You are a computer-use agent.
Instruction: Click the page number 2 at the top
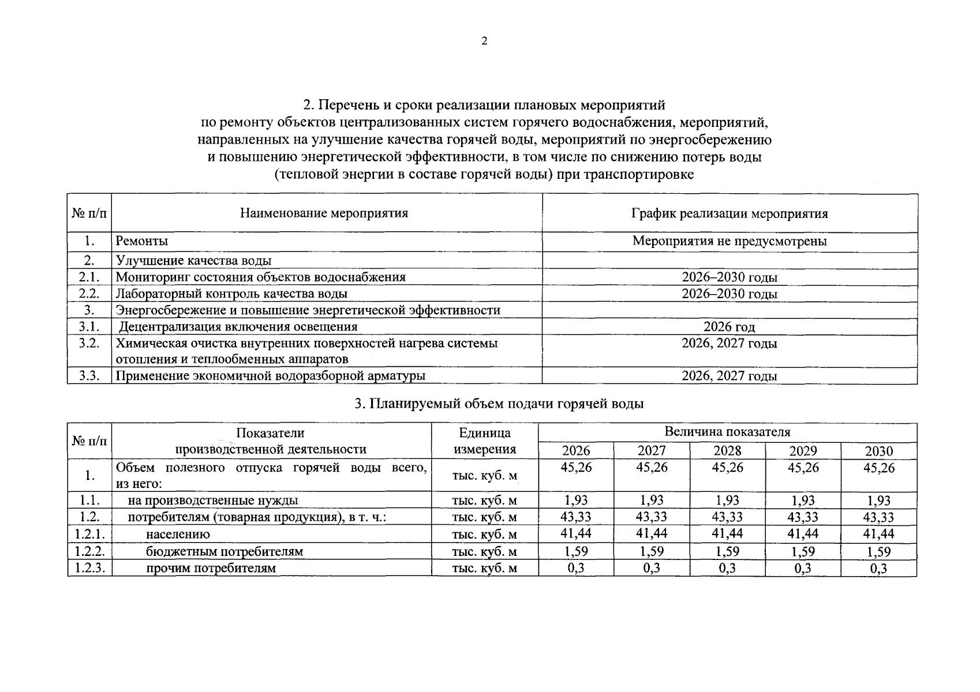[x=484, y=41]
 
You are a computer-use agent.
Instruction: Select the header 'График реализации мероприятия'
[x=729, y=214]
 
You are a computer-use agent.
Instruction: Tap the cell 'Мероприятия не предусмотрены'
[x=729, y=241]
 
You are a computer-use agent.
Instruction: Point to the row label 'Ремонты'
[x=142, y=241]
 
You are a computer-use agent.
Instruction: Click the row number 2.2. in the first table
[x=89, y=294]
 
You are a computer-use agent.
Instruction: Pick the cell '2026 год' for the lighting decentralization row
[x=729, y=327]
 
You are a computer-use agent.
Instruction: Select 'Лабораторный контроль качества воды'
[x=231, y=294]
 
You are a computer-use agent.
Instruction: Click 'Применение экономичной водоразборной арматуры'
[x=271, y=376]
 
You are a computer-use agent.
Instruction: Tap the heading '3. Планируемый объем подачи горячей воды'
[x=499, y=404]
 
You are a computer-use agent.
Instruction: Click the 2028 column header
[x=727, y=451]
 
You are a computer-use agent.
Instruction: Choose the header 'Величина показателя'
[x=727, y=432]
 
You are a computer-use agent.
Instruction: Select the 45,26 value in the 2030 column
[x=878, y=468]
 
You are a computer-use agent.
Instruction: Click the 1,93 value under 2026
[x=576, y=501]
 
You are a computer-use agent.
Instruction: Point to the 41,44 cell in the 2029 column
[x=803, y=534]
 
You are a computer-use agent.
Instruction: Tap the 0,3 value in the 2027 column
[x=652, y=568]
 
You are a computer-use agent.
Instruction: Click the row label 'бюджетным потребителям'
[x=224, y=551]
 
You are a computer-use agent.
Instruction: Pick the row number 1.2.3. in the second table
[x=89, y=568]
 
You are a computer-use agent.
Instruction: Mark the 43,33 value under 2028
[x=727, y=517]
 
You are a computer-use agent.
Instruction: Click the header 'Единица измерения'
[x=485, y=441]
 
